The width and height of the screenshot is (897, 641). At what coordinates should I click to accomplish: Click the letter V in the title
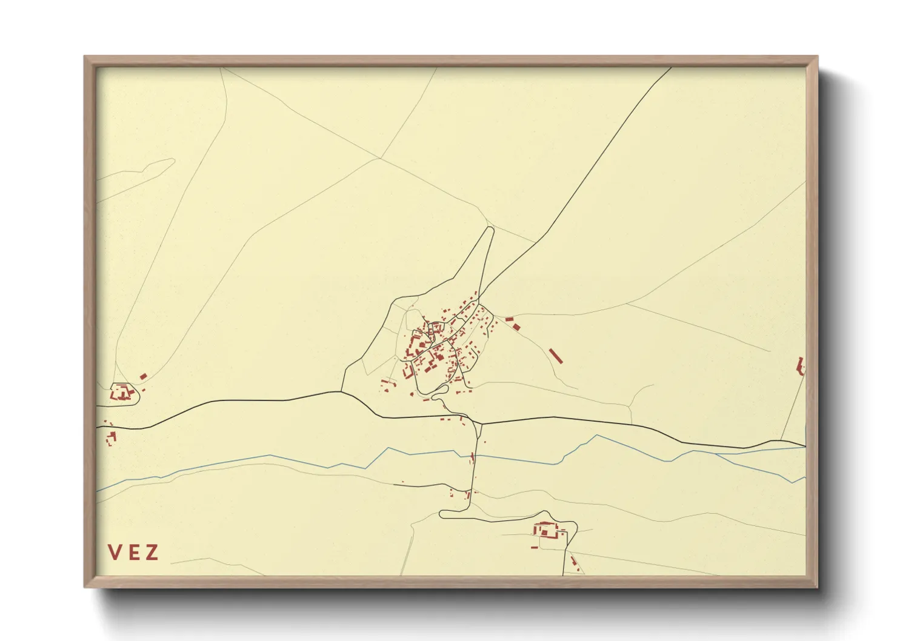pos(113,553)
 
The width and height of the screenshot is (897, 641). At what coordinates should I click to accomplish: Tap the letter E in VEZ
pos(133,553)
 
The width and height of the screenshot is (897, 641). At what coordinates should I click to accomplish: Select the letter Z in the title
pos(152,553)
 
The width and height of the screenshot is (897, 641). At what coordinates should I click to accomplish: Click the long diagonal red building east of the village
pos(556,356)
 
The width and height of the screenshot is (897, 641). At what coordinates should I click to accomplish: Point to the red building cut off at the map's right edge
pos(801,365)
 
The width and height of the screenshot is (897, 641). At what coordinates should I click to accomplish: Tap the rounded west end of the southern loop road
pos(441,514)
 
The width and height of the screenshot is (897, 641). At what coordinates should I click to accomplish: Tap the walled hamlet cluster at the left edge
pos(123,392)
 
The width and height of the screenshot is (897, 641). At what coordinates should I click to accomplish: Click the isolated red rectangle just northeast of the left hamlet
pos(144,376)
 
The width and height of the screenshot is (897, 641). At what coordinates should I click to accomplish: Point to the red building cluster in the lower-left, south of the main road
pos(110,437)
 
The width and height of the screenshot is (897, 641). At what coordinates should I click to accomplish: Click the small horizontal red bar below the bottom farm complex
pos(534,548)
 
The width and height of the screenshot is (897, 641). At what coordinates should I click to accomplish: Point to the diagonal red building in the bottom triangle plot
pos(573,563)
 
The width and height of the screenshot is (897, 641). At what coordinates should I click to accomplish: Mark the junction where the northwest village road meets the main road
pos(342,391)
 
